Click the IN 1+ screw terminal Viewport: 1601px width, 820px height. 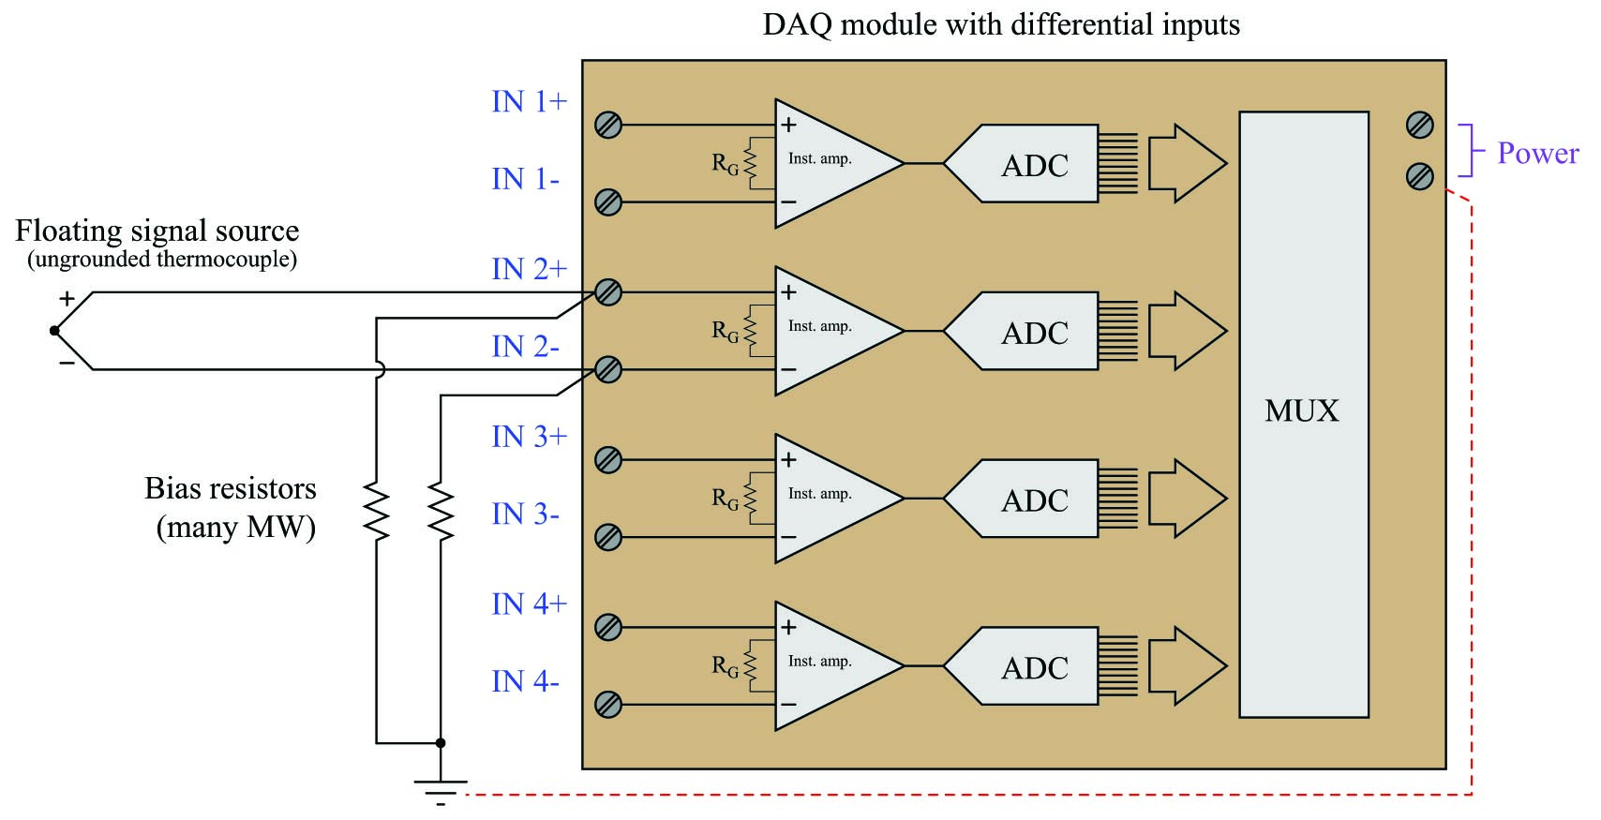coord(608,125)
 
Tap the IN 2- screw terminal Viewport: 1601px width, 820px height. coord(608,369)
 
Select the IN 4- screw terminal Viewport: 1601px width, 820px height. coord(608,704)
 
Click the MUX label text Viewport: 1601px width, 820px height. coord(1302,410)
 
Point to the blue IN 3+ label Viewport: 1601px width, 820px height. coord(530,437)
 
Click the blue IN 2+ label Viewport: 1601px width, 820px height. coord(530,270)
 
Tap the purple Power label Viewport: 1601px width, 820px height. coord(1538,153)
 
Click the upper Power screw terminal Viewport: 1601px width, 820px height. coord(1420,125)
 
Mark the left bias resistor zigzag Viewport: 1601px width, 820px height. coord(376,512)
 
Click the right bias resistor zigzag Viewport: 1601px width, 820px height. coord(441,512)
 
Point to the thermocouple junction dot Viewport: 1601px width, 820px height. coord(54,331)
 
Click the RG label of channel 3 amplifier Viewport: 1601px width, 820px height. coord(725,499)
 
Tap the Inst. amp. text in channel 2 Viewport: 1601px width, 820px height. coord(819,326)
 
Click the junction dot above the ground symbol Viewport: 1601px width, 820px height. coord(441,743)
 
